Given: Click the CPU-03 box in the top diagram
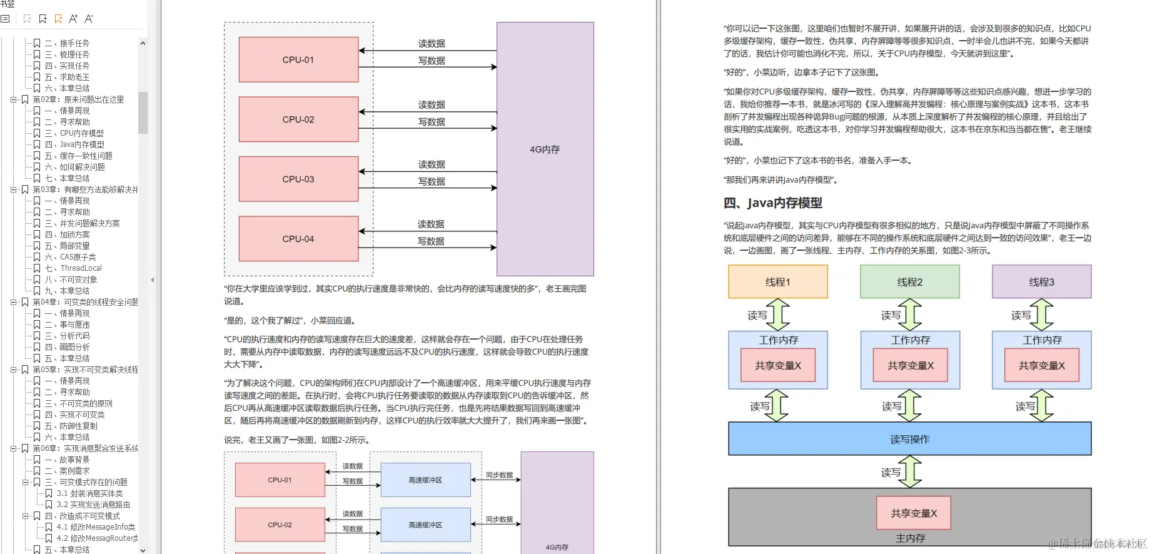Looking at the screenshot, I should (x=298, y=179).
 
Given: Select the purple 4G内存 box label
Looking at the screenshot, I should (x=545, y=149).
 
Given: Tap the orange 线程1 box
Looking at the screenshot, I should (x=777, y=282).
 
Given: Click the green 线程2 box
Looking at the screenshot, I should (x=909, y=282).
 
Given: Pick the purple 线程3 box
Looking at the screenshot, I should (x=1041, y=282).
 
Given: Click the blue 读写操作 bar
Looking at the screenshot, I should (x=909, y=439).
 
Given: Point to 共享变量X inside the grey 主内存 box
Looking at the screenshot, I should (x=914, y=513).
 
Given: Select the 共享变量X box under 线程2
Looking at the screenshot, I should (x=910, y=365).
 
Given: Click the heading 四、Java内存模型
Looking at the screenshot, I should (x=772, y=203).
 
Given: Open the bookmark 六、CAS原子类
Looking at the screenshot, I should (x=78, y=257).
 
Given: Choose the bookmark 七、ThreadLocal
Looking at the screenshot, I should (x=81, y=268).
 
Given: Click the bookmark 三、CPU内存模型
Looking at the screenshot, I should (x=81, y=133).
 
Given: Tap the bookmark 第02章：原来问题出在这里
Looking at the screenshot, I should (x=78, y=99).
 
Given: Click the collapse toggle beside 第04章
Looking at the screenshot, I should (x=13, y=302).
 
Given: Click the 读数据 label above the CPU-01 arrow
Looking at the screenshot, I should (x=432, y=43).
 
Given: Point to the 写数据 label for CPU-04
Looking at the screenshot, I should (x=431, y=241).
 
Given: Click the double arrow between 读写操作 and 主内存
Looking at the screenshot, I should (x=910, y=471).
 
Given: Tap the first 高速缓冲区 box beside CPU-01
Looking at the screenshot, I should (x=425, y=480).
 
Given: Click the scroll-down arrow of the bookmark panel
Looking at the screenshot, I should (x=143, y=550).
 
